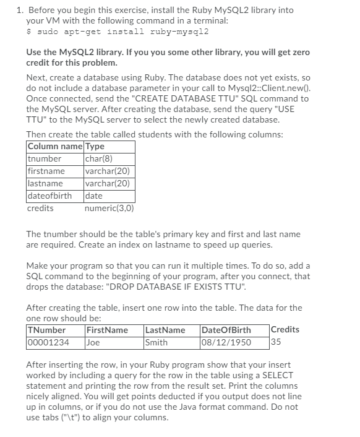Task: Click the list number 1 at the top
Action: (19, 10)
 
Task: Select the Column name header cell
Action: (54, 147)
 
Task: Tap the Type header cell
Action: (95, 147)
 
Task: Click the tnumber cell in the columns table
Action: (45, 159)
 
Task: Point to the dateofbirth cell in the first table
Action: (49, 196)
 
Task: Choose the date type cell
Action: (93, 196)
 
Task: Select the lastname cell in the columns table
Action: (45, 183)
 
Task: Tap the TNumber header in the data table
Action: (46, 330)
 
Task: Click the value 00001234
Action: (48, 342)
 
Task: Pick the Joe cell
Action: (93, 342)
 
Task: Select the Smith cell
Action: (156, 342)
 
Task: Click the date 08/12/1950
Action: (226, 342)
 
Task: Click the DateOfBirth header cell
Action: (227, 330)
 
